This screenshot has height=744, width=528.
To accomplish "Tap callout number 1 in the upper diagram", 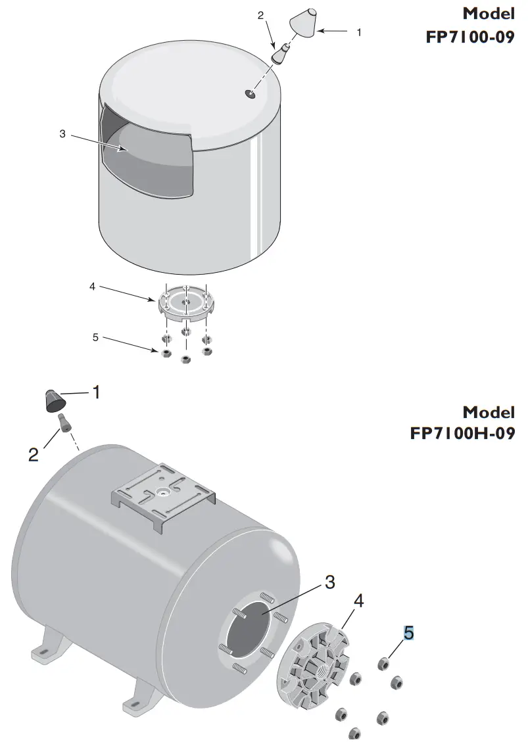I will (x=358, y=31).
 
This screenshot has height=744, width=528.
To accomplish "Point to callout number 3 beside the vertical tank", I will (x=62, y=133).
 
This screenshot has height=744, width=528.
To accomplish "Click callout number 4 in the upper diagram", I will (x=93, y=287).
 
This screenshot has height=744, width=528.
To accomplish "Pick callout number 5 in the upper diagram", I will (x=95, y=337).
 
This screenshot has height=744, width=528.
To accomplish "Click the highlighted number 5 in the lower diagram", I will (x=409, y=633).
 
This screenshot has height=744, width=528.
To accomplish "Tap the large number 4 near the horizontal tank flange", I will (x=358, y=601).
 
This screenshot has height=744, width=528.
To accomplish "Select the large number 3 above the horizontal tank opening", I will (x=329, y=582).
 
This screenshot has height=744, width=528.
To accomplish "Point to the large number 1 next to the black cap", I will (x=96, y=393).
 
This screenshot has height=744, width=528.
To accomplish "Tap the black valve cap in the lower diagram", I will (x=53, y=400).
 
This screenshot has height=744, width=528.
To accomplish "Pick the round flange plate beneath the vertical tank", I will (x=186, y=303).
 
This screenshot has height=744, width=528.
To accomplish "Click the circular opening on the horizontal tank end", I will (x=250, y=631).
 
